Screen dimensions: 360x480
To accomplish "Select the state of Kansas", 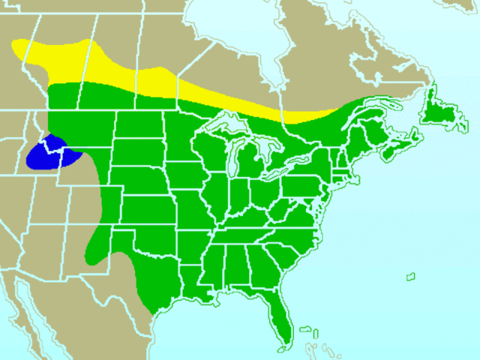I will click(x=150, y=206).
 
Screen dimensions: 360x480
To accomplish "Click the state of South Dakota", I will click(x=139, y=154).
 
